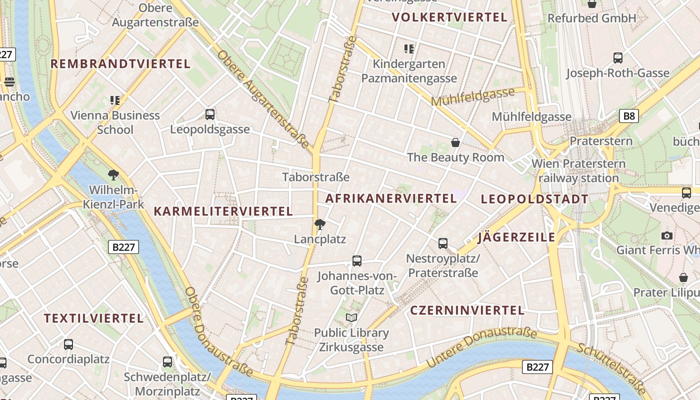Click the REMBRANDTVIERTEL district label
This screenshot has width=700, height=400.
point(120,64)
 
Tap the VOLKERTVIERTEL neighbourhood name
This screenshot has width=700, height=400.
point(449,17)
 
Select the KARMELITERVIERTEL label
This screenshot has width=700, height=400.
point(223,211)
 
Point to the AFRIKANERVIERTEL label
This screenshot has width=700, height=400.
point(391,198)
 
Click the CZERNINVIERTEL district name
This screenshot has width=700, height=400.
point(467,310)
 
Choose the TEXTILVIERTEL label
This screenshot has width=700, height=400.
point(93,318)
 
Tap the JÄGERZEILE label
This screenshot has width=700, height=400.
point(516,237)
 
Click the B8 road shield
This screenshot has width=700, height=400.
point(629,116)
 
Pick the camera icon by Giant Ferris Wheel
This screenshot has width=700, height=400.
point(666,235)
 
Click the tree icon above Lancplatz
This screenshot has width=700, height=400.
point(320,224)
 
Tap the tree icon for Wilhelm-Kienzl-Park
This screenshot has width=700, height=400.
point(113,175)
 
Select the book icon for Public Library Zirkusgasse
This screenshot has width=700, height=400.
point(351,317)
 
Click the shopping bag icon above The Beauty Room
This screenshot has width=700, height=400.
point(455,143)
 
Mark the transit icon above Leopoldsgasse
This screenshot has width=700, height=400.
point(210,114)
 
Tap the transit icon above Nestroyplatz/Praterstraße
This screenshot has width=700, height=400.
point(443,243)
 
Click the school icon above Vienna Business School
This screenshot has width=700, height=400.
point(115,100)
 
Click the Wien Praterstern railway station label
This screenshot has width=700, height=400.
point(578,170)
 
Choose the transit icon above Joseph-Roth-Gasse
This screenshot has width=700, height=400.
point(618,58)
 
